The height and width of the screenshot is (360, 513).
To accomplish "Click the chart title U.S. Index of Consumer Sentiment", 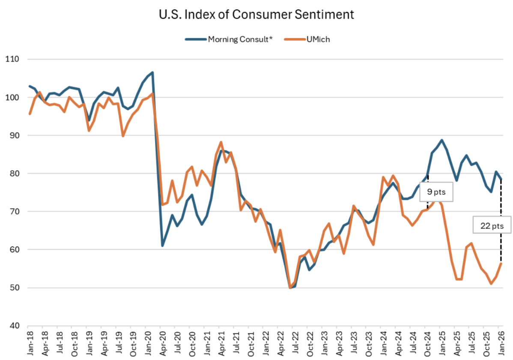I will (x=256, y=15).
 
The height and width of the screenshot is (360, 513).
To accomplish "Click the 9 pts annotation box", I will (x=435, y=192).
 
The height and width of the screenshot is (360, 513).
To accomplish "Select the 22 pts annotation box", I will (x=492, y=225).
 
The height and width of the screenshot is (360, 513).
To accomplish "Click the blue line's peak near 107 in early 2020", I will (x=153, y=72).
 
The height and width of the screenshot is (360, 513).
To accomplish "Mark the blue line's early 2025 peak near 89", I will (x=441, y=140).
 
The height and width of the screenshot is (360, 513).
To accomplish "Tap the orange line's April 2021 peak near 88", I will (x=221, y=142).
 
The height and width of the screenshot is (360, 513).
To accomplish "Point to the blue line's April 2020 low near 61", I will (x=162, y=246).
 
